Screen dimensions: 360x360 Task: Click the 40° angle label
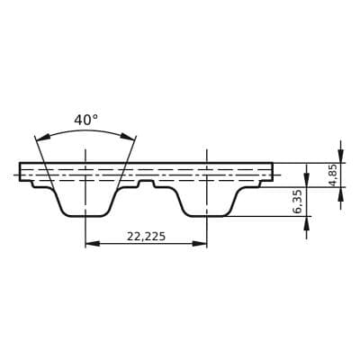pos(85,120)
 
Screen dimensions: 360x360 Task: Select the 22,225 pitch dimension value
pos(146,237)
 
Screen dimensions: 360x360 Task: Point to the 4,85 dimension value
pos(333,174)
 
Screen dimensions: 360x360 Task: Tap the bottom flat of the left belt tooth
pos(85,216)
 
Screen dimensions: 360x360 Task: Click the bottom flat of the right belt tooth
pos(206,216)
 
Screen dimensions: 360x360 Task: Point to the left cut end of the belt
pos(21,171)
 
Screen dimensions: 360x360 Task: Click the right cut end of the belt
pos(272,171)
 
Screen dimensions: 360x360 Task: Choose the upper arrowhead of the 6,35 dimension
pos(307,168)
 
